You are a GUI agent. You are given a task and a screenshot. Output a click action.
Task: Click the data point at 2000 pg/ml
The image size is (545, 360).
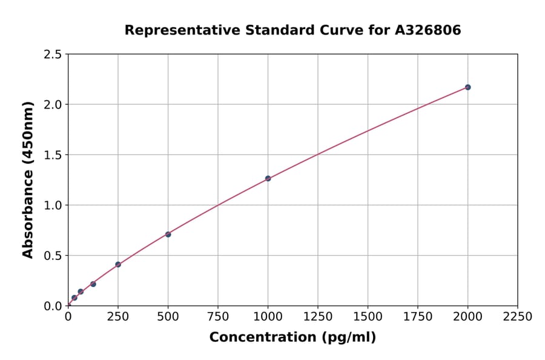[467, 87]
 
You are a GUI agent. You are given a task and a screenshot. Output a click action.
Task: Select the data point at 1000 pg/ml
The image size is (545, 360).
[268, 179]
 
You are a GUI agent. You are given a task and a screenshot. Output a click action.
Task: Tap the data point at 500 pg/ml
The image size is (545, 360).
[168, 235]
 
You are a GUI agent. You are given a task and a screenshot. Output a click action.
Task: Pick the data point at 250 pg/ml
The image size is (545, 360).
[118, 265]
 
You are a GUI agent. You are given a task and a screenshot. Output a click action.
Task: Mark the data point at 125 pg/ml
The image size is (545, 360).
[93, 284]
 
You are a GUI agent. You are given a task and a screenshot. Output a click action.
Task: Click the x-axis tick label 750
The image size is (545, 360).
[218, 317]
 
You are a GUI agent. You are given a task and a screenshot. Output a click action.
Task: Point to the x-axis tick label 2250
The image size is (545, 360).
[517, 317]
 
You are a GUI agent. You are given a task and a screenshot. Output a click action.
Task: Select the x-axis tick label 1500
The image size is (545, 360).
[368, 317]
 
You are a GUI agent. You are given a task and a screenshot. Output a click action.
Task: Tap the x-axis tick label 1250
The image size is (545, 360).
[317, 317]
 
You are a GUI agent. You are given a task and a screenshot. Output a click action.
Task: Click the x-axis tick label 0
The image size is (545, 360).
[68, 317]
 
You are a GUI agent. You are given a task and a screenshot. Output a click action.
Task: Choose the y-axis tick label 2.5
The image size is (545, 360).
[53, 55]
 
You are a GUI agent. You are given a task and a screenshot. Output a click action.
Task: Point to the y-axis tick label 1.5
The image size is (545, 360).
[53, 155]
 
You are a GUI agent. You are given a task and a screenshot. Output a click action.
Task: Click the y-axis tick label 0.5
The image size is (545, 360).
[53, 256]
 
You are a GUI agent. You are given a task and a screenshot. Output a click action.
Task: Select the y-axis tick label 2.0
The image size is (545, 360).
[53, 105]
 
